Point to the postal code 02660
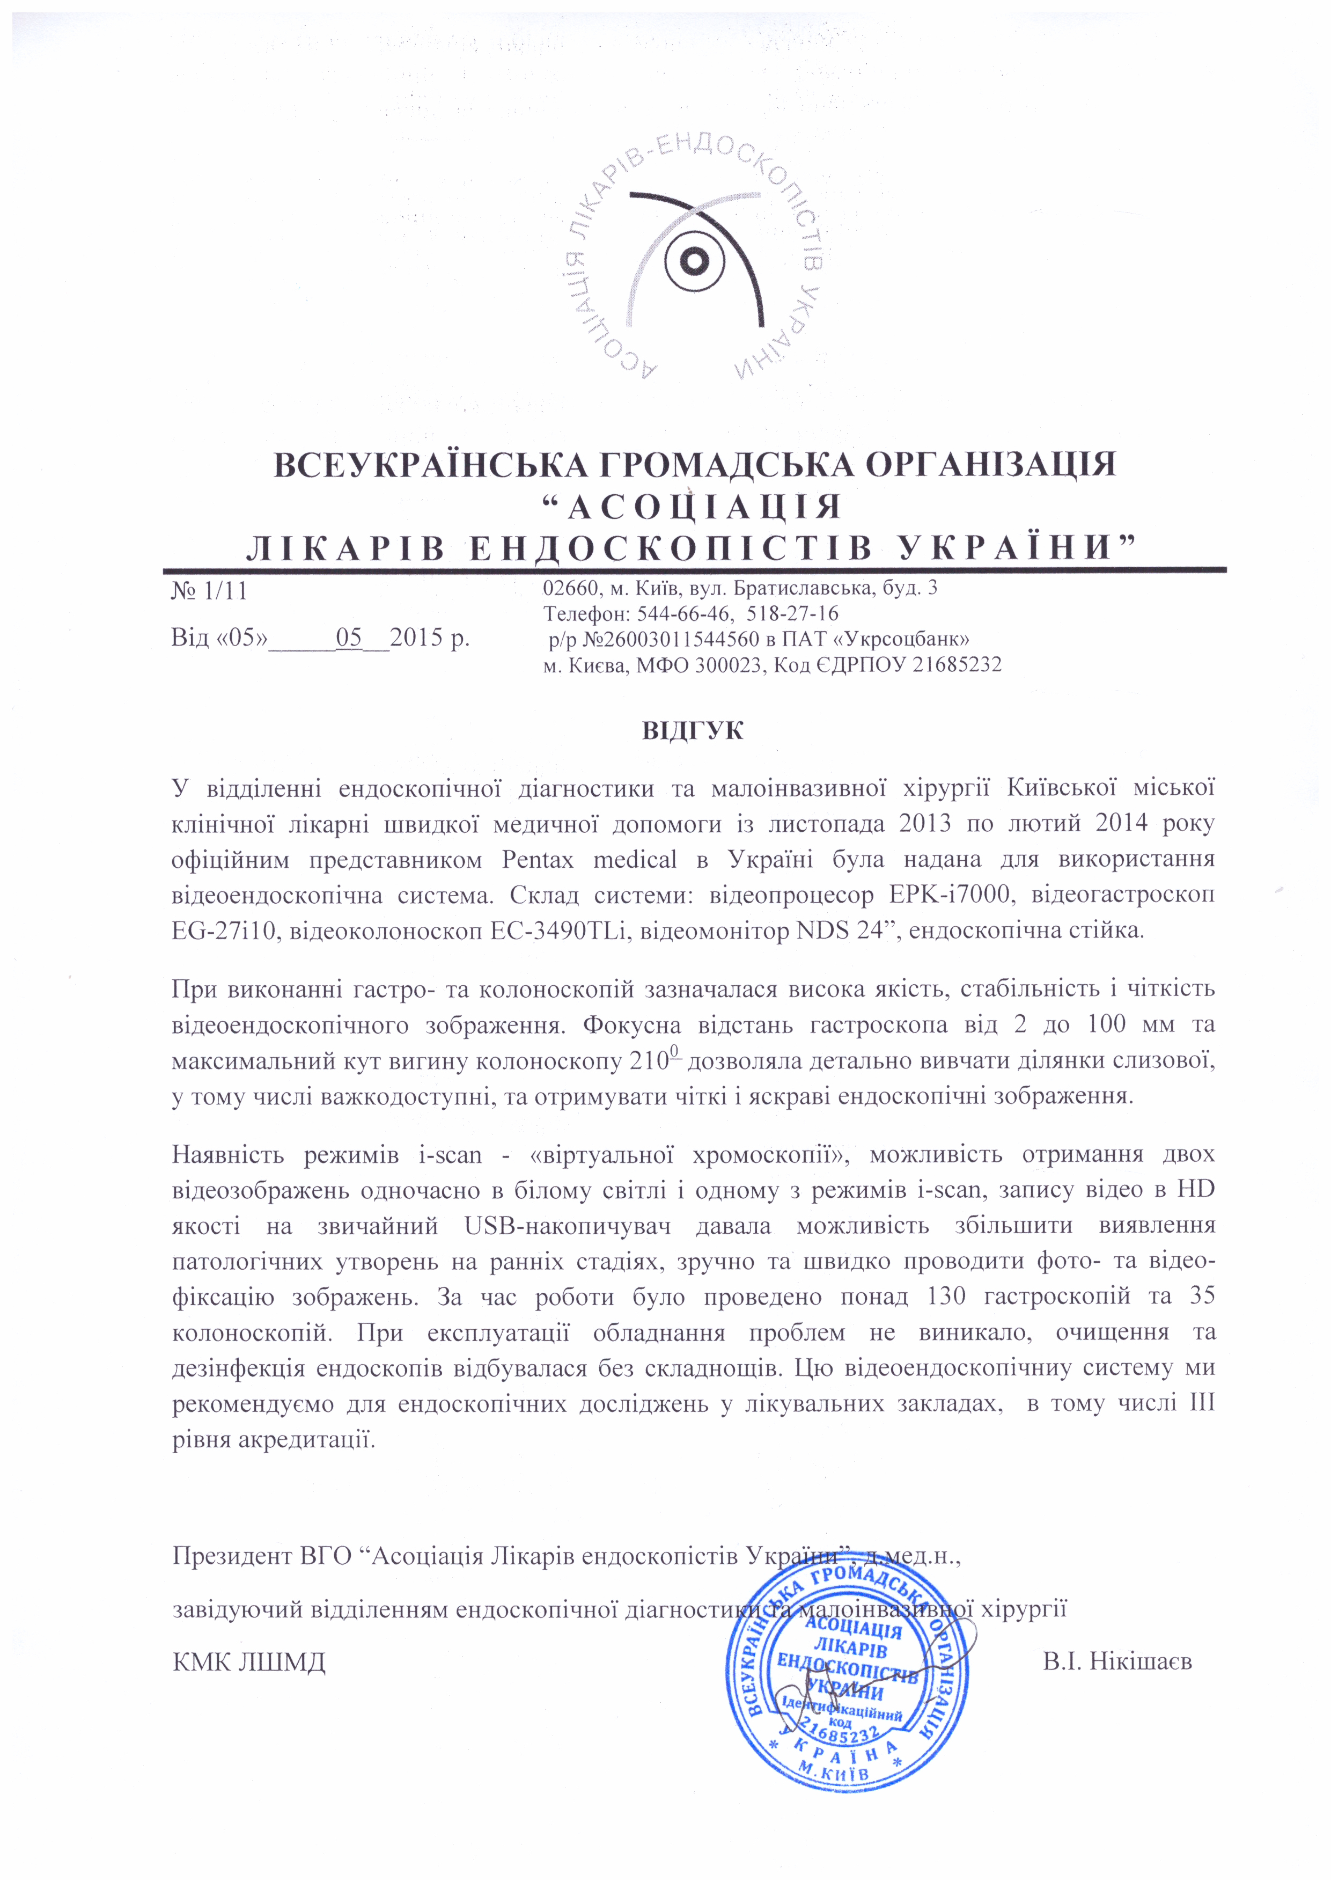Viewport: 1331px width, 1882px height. point(567,588)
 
